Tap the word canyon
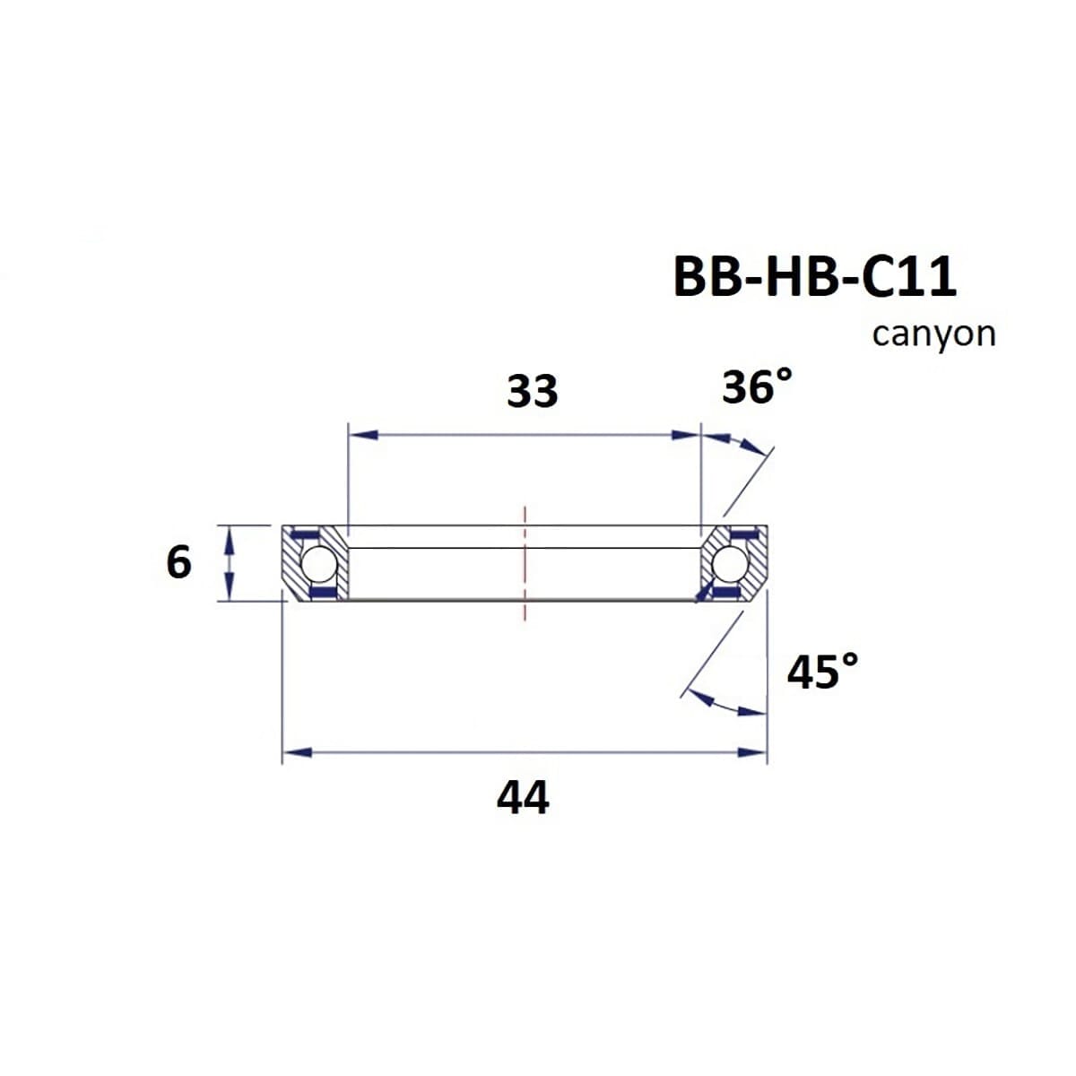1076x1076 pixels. coord(933,334)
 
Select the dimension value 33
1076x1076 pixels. coord(532,392)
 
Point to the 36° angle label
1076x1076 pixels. coord(757,387)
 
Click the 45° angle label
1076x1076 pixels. coord(822,672)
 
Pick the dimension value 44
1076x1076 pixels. coord(523,797)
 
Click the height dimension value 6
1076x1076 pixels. coord(178,563)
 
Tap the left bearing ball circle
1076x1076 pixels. coord(317,565)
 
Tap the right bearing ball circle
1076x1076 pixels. coord(730,565)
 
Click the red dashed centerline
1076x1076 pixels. coord(525,563)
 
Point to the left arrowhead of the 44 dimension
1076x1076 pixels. coord(296,752)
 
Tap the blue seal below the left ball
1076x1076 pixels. coord(320,593)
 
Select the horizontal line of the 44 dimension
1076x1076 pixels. coord(525,752)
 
